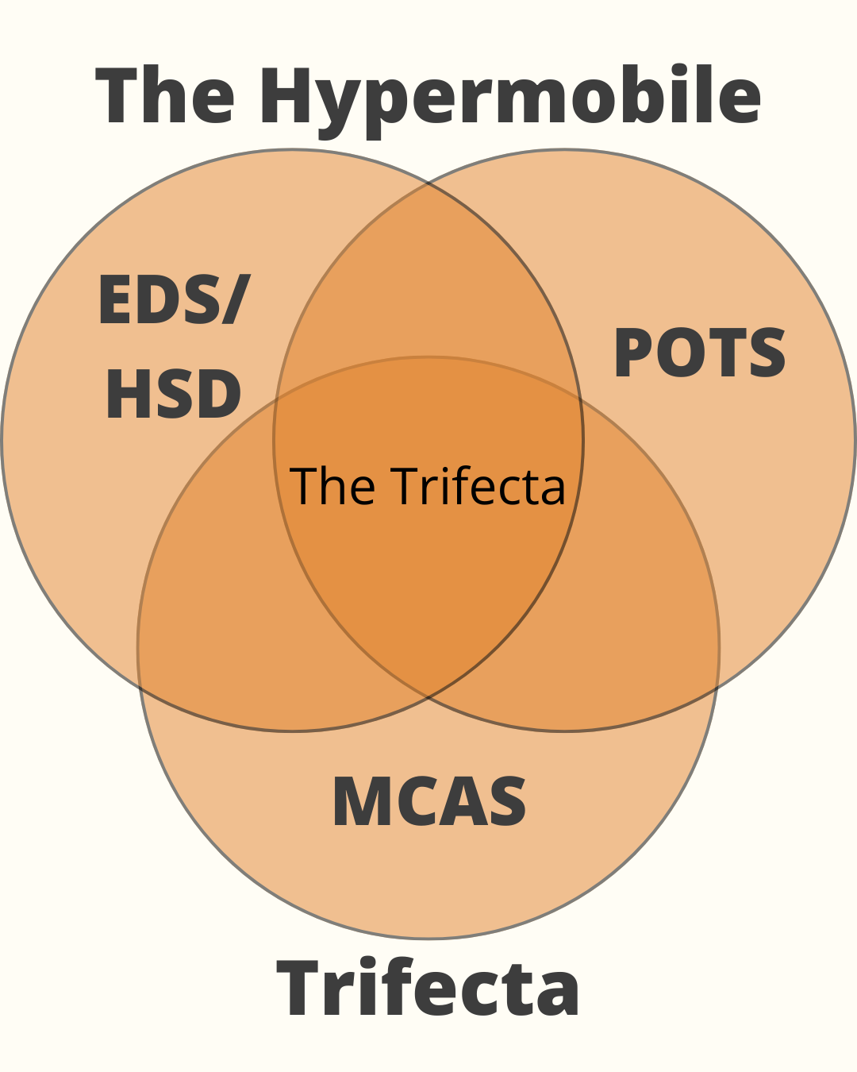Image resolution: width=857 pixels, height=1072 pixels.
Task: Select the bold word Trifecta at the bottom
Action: click(x=428, y=988)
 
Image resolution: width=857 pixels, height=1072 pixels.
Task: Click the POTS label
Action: click(x=700, y=353)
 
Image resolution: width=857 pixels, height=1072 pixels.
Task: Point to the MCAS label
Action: click(x=429, y=801)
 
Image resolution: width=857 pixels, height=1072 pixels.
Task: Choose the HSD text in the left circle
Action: click(x=173, y=395)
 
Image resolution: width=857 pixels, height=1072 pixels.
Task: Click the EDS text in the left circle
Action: click(x=159, y=300)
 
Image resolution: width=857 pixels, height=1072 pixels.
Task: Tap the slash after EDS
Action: click(x=235, y=300)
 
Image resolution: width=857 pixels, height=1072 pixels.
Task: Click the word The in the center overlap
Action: click(x=332, y=486)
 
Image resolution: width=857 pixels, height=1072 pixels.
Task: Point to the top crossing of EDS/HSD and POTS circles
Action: click(x=428, y=183)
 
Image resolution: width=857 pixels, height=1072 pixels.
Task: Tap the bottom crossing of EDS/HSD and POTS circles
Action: click(x=428, y=697)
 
